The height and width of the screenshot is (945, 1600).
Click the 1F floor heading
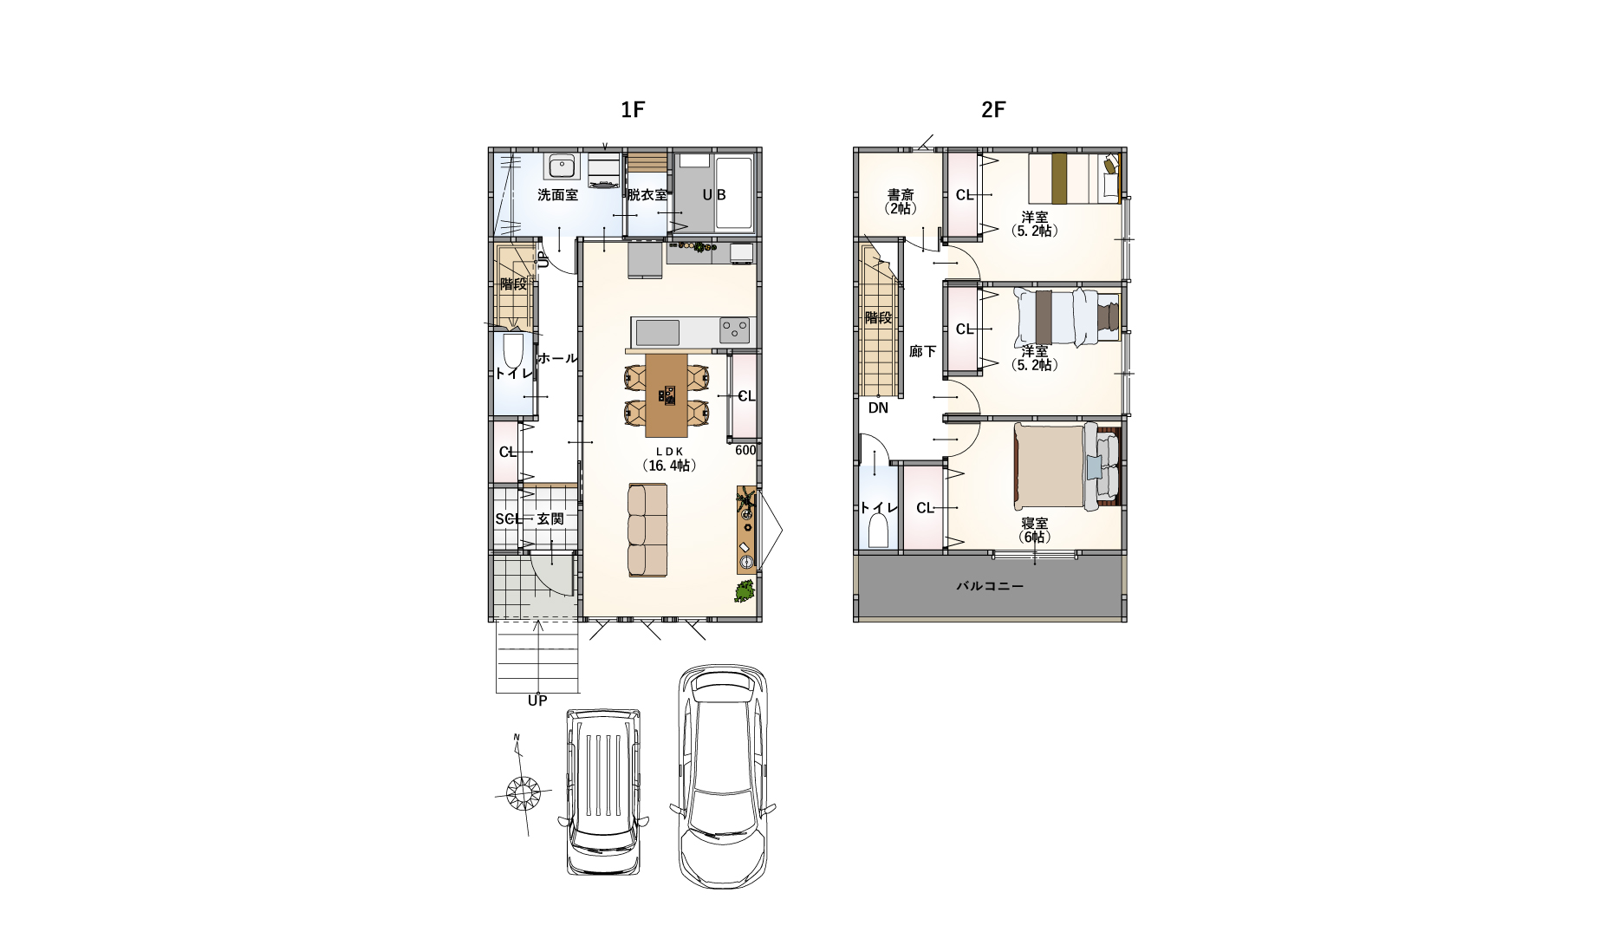(x=633, y=110)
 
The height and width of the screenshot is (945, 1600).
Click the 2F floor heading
(x=993, y=110)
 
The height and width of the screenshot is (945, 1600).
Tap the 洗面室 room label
(x=557, y=195)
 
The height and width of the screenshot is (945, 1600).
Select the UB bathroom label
(x=714, y=195)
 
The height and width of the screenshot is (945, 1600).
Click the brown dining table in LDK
(x=667, y=395)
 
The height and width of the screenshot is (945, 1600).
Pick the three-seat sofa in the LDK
(x=647, y=530)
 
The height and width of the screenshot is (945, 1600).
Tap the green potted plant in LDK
(x=744, y=591)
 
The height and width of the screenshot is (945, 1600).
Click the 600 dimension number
(x=745, y=450)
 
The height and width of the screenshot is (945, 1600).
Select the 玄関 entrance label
(x=550, y=518)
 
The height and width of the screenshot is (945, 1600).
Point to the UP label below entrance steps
(x=537, y=701)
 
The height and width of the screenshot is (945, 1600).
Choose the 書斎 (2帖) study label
(x=901, y=202)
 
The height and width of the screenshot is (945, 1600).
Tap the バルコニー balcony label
(x=990, y=586)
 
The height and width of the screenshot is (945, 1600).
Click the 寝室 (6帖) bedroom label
(x=1034, y=530)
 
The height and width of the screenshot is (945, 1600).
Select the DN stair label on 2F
(x=878, y=407)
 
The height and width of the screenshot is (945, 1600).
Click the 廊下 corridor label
(x=922, y=351)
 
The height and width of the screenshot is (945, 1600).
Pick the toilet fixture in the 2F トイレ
(x=878, y=529)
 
